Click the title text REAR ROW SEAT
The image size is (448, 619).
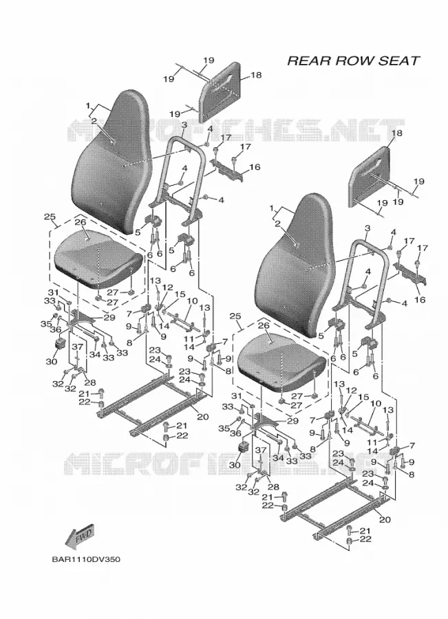click(x=353, y=61)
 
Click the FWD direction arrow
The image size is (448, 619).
click(x=81, y=536)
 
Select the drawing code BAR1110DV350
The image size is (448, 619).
click(x=86, y=559)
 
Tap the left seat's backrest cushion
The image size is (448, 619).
click(x=111, y=162)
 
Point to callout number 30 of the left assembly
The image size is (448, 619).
click(x=52, y=361)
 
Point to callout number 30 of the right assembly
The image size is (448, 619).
click(x=235, y=465)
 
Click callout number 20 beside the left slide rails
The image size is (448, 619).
click(x=202, y=417)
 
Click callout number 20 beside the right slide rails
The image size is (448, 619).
click(x=385, y=519)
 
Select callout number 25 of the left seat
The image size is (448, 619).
click(x=50, y=217)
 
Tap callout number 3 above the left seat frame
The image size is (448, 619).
click(x=184, y=125)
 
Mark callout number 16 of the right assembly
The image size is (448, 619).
click(x=420, y=300)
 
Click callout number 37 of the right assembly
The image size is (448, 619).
click(x=260, y=450)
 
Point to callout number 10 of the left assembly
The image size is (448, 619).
click(x=193, y=301)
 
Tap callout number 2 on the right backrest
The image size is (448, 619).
click(x=277, y=224)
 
